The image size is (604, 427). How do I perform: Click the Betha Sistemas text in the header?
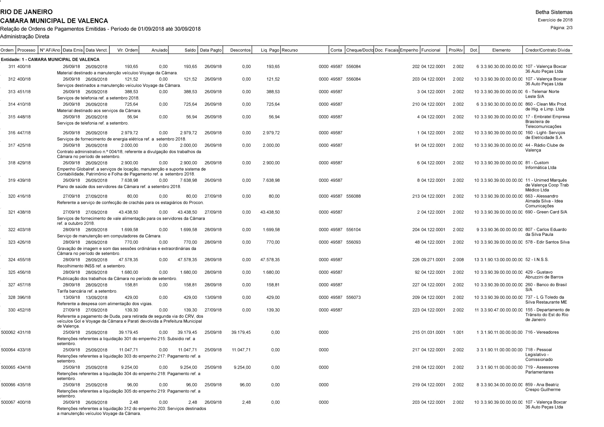coord(554,12)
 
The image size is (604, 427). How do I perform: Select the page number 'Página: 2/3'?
coord(561,28)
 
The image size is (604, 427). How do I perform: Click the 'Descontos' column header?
coord(240,50)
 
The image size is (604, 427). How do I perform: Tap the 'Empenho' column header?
coord(409,50)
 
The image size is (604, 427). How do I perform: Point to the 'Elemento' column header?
coord(501,50)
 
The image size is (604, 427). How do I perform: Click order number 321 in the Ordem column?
coord(12,212)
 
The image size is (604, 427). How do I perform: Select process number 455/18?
coord(24,260)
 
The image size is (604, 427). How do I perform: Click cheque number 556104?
coord(353,230)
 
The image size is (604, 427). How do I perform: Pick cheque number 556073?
coord(353,297)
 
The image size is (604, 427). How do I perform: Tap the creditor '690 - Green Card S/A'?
coord(546,212)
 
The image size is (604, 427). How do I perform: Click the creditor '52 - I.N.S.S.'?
coord(537,260)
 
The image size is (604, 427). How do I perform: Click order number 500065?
coord(8,367)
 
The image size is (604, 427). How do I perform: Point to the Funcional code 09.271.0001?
coord(433,260)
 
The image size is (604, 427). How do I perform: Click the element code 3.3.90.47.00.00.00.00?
coord(501,310)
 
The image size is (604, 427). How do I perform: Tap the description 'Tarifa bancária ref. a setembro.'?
coord(87,291)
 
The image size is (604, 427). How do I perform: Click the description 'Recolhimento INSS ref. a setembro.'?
coord(91,266)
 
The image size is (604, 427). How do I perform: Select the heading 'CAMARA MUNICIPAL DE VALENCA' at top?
coord(54,21)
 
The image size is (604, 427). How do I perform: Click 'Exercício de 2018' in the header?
coord(555,20)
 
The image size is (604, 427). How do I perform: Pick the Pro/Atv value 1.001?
coord(458,332)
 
